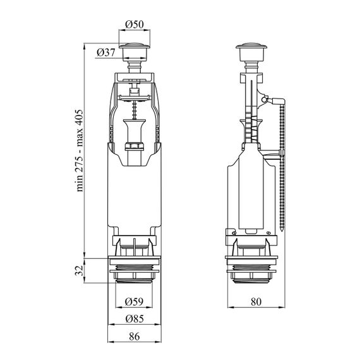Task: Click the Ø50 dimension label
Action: coord(135,25)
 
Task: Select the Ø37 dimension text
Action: coord(106,53)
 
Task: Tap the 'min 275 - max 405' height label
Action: coord(80,150)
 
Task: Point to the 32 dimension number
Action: coord(79,270)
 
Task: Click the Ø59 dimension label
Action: coord(134,301)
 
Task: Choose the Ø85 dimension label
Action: coord(135,319)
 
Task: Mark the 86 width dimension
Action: coord(135,337)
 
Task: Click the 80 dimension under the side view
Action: coord(256,302)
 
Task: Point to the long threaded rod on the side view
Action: coord(282,165)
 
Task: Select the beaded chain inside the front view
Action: coord(134,111)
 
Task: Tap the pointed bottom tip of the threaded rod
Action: coord(282,231)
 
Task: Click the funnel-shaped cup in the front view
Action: coord(134,131)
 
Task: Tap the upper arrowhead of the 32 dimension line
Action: coord(84,261)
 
